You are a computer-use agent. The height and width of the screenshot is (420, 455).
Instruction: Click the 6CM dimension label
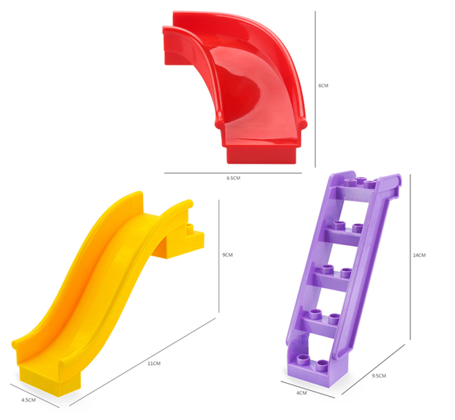click(323, 85)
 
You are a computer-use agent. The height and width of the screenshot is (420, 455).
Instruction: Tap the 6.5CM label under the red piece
click(233, 178)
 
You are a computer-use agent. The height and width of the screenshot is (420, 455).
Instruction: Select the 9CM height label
click(227, 255)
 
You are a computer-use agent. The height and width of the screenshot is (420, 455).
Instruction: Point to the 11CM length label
click(154, 363)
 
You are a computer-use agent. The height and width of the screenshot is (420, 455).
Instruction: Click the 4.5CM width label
click(28, 400)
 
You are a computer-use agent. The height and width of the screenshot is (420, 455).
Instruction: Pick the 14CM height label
click(419, 255)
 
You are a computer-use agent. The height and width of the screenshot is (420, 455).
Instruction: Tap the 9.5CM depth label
click(379, 376)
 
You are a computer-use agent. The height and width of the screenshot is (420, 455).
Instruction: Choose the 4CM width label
click(301, 393)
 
